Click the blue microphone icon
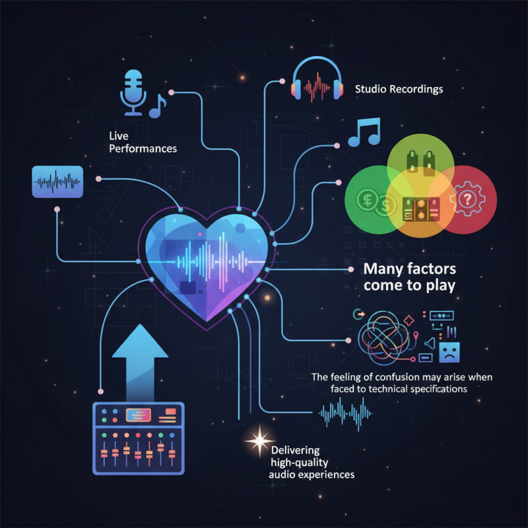point(133,92)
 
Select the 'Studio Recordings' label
point(399,89)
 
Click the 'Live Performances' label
point(143,142)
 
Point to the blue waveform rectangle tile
point(57,182)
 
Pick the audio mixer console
point(139,438)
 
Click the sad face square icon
point(449,352)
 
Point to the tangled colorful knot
point(383,337)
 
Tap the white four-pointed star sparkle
point(259,440)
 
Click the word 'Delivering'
point(295,450)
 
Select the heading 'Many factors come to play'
point(409,277)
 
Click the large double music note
point(364,131)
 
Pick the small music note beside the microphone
point(157,106)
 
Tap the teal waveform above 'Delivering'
point(345,413)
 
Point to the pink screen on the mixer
point(138,415)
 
